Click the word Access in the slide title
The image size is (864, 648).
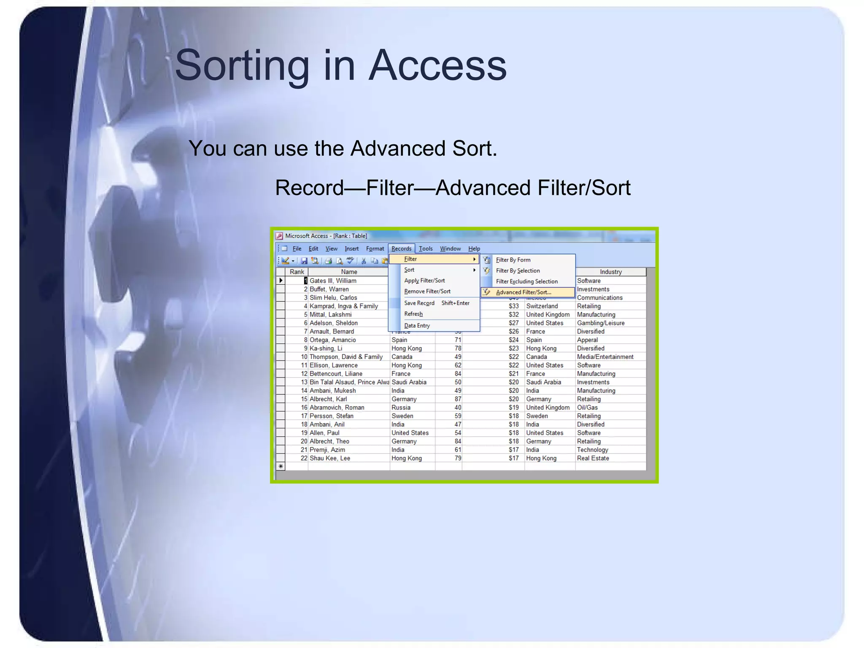437,65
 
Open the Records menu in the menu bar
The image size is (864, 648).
401,248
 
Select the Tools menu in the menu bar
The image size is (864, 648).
426,248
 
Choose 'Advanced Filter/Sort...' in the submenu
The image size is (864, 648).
523,292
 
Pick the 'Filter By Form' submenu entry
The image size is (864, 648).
513,260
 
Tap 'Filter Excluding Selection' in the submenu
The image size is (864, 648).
526,281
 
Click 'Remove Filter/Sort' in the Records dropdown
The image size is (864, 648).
427,292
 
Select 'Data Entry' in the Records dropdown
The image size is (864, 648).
417,325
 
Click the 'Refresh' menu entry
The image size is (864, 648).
413,314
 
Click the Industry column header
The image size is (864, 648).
610,272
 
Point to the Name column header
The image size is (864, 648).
349,272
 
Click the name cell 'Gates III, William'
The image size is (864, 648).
333,281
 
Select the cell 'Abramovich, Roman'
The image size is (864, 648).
337,408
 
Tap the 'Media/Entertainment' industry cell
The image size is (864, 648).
605,357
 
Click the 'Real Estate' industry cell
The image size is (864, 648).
593,458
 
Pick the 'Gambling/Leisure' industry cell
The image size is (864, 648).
601,323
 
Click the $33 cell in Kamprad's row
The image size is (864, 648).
513,306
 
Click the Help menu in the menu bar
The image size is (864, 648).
474,248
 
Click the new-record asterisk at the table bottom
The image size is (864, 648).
281,466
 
